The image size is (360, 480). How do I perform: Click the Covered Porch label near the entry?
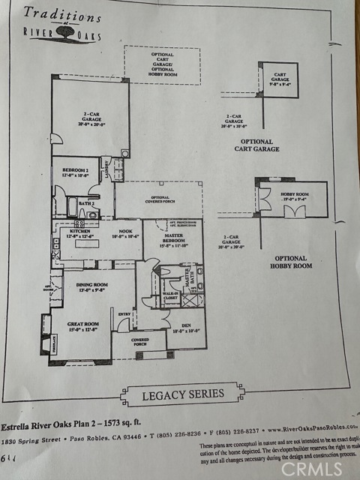139,342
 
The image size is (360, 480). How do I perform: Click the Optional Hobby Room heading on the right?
292,262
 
